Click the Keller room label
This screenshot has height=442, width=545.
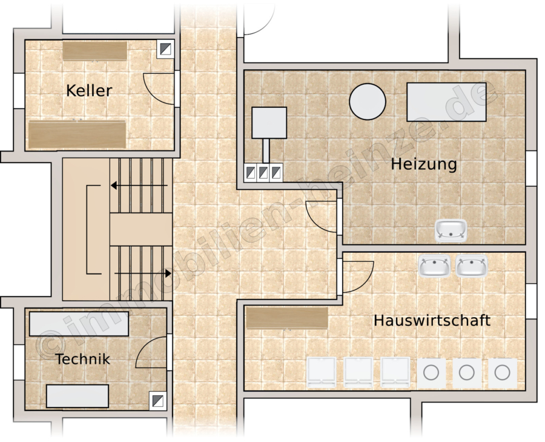pyautogui.click(x=89, y=90)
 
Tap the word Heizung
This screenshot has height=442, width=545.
pyautogui.click(x=424, y=164)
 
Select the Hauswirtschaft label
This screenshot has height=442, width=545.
pyautogui.click(x=432, y=320)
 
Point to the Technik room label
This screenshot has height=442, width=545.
pyautogui.click(x=83, y=359)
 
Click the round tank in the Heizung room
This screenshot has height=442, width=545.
pyautogui.click(x=368, y=101)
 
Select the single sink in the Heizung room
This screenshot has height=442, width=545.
pyautogui.click(x=451, y=230)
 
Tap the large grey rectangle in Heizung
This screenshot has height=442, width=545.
pyautogui.click(x=446, y=102)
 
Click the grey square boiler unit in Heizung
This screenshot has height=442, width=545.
pyautogui.click(x=269, y=122)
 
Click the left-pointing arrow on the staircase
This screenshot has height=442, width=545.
pyautogui.click(x=139, y=186)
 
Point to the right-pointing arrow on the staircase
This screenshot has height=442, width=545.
pyautogui.click(x=143, y=273)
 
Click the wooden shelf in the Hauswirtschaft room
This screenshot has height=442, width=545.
pyautogui.click(x=287, y=318)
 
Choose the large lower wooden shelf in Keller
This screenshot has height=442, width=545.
pyautogui.click(x=77, y=135)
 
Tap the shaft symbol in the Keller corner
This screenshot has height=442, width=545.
pyautogui.click(x=165, y=49)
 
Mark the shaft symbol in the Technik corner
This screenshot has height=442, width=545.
pyautogui.click(x=158, y=401)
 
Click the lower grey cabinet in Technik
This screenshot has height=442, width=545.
pyautogui.click(x=78, y=396)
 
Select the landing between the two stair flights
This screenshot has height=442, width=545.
pyautogui.click(x=141, y=229)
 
